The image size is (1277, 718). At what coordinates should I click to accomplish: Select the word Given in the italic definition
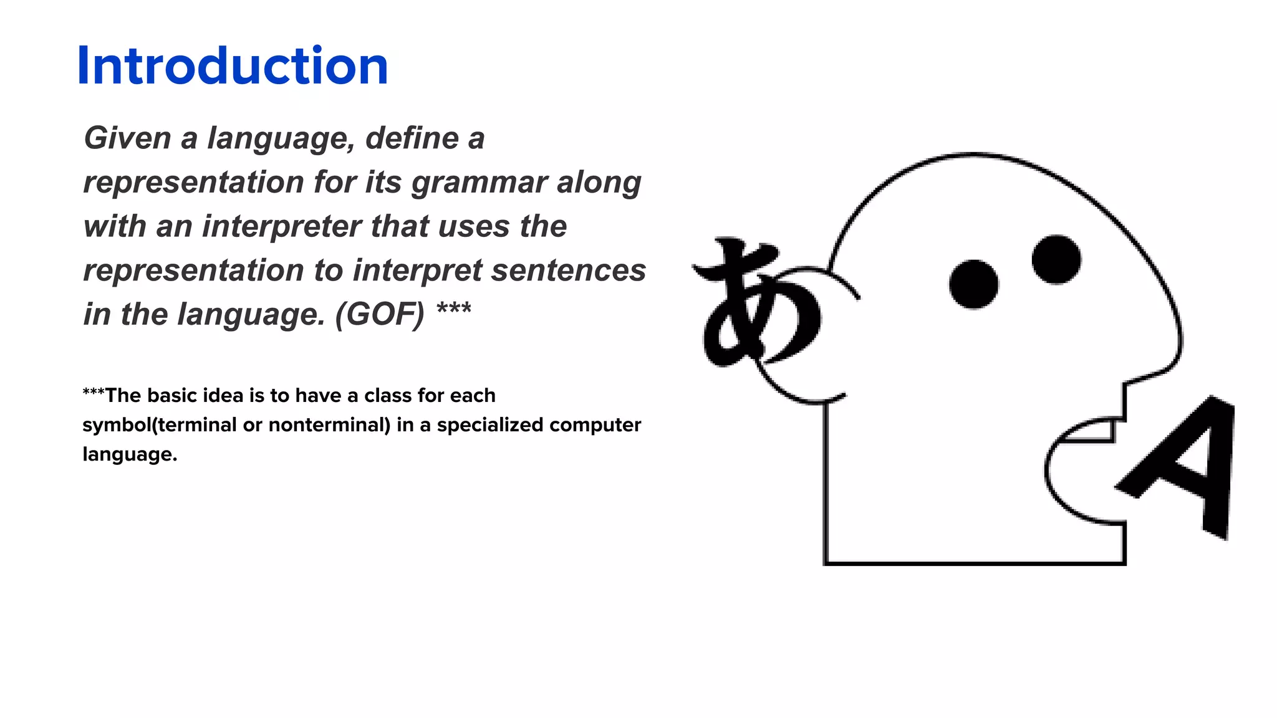(x=127, y=138)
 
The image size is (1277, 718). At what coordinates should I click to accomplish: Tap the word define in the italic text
(x=412, y=138)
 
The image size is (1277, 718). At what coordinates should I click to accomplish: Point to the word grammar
(x=478, y=183)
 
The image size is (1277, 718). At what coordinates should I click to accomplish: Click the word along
(x=599, y=182)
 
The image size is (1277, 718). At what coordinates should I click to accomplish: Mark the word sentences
(x=568, y=270)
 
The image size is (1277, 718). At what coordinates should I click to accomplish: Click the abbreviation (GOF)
(x=379, y=315)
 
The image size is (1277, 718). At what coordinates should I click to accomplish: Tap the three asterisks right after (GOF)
(x=453, y=309)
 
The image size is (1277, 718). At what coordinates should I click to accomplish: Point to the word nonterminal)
(x=329, y=425)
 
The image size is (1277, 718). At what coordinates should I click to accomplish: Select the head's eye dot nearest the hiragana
(x=973, y=284)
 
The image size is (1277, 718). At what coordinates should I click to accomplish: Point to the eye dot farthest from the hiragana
(x=1056, y=259)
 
